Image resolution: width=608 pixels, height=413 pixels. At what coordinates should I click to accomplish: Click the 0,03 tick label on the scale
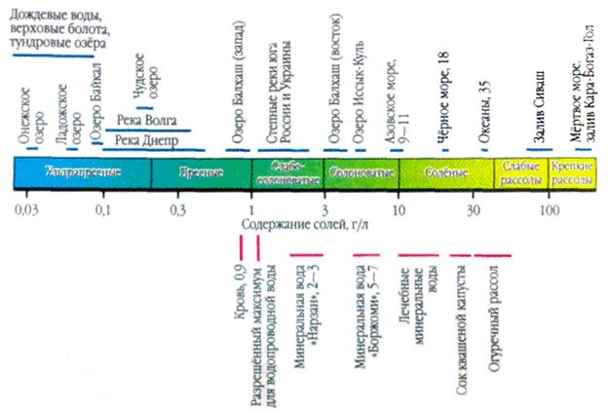point(27,209)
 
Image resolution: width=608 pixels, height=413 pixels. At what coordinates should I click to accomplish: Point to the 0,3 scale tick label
point(177,209)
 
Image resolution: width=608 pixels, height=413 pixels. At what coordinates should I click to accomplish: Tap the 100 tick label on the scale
point(551,209)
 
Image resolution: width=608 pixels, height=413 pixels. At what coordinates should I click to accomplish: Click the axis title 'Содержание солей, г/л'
point(303,226)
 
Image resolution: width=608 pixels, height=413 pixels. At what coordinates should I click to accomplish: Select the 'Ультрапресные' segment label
point(82,171)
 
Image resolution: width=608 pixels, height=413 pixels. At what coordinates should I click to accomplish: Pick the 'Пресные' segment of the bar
point(202,171)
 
